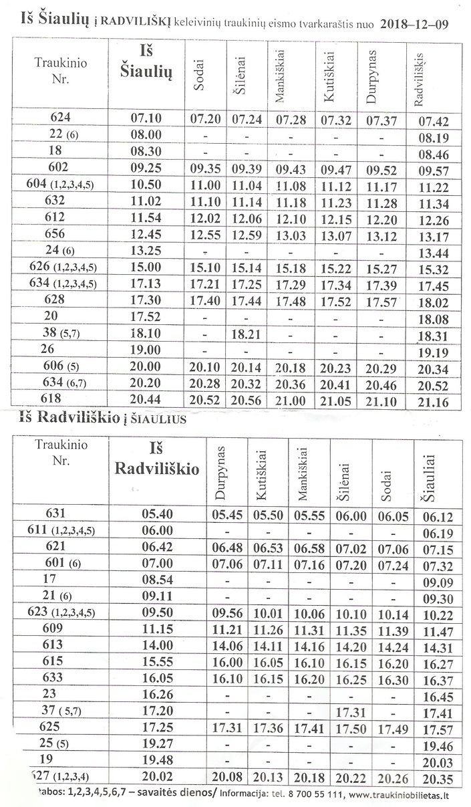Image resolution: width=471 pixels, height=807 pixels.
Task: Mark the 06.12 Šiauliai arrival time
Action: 438,516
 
